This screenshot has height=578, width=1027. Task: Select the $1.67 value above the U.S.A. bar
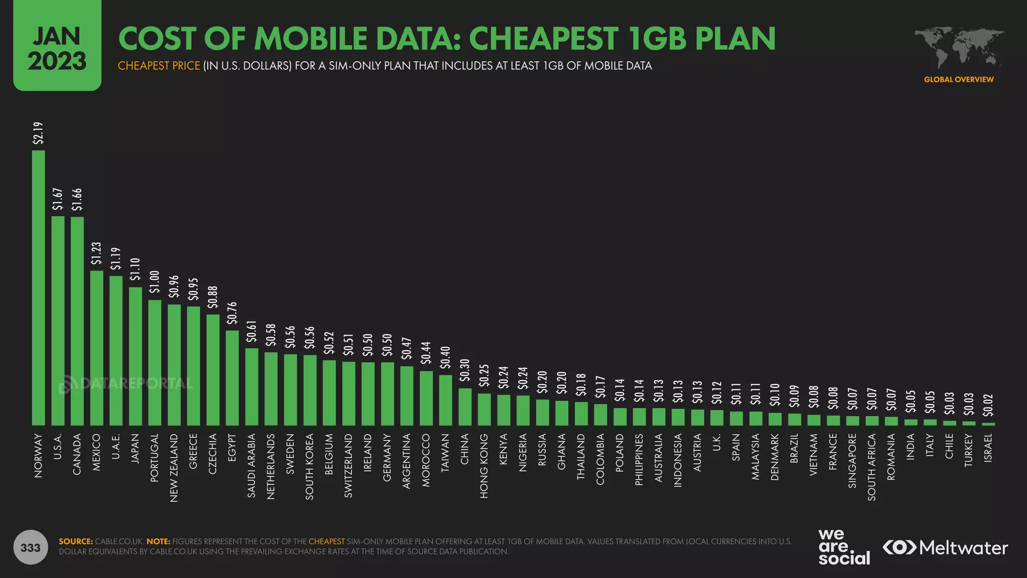click(x=58, y=199)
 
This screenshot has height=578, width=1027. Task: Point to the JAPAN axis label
click(x=135, y=449)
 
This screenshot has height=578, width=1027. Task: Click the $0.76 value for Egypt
click(x=232, y=313)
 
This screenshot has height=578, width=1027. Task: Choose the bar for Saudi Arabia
click(x=252, y=386)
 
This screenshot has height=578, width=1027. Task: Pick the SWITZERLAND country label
click(x=349, y=466)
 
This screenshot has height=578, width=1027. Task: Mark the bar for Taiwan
click(x=445, y=400)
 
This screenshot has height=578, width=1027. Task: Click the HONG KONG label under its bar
click(x=484, y=466)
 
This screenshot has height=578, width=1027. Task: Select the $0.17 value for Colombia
click(x=600, y=387)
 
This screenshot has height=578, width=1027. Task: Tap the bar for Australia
click(x=658, y=416)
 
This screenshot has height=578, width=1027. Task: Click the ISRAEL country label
click(x=988, y=448)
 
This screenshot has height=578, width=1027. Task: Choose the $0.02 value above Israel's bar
click(x=988, y=405)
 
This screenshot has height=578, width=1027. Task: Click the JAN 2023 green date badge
click(x=57, y=46)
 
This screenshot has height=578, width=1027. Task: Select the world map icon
click(x=958, y=48)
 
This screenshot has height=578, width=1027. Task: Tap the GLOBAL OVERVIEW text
click(x=958, y=79)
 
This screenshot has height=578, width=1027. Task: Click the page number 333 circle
click(x=31, y=547)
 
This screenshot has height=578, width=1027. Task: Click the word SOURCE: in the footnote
click(x=76, y=541)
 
